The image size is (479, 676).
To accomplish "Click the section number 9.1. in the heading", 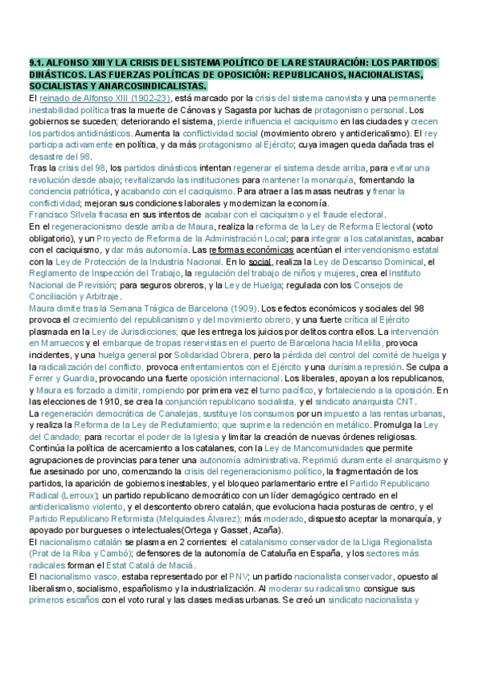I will (38, 63).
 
